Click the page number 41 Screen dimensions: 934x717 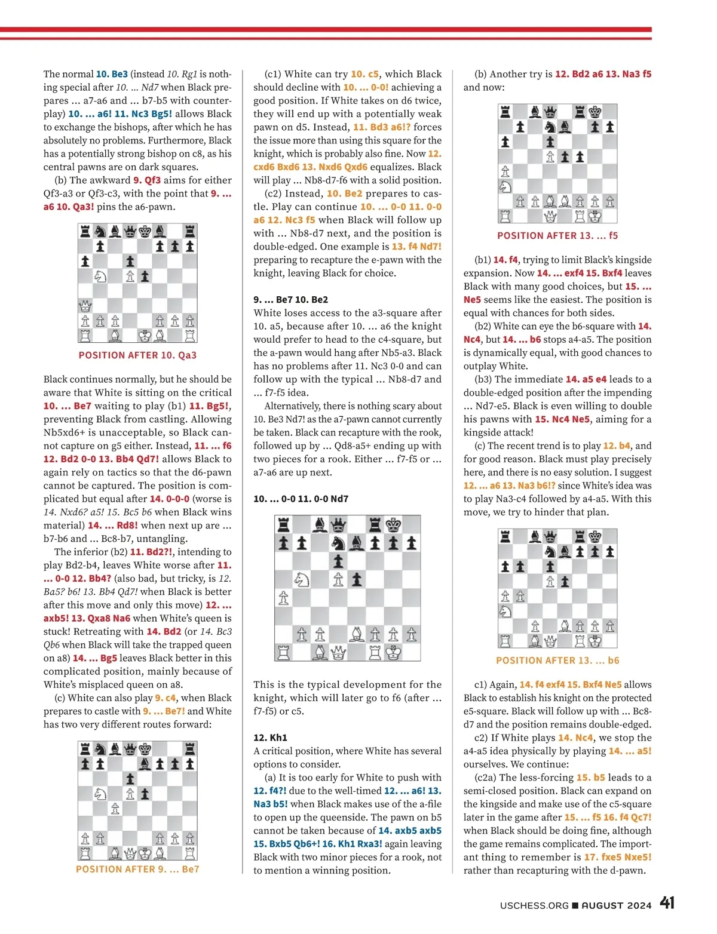(x=667, y=903)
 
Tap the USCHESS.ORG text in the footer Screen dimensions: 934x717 (x=534, y=905)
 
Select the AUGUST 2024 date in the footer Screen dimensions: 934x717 (x=617, y=905)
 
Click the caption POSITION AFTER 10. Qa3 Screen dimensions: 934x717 (x=137, y=355)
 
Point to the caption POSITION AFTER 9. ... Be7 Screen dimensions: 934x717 (x=137, y=870)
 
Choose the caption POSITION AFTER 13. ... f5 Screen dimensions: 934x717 (x=557, y=236)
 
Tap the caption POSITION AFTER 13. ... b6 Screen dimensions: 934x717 (x=557, y=660)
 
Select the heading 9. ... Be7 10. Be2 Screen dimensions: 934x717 (x=290, y=300)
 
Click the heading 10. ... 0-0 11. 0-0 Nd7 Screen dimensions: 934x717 (x=301, y=499)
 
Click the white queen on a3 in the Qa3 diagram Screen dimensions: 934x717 (x=85, y=306)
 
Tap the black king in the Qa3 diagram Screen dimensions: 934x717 (x=145, y=231)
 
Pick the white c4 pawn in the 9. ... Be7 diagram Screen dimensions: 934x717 (x=115, y=809)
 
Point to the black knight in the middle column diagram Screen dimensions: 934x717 (x=338, y=543)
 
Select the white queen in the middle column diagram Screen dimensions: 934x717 (x=338, y=653)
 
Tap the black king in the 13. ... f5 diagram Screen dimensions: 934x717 (x=595, y=112)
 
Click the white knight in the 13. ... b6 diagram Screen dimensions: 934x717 (x=505, y=611)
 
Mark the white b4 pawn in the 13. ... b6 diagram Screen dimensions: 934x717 (x=520, y=596)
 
